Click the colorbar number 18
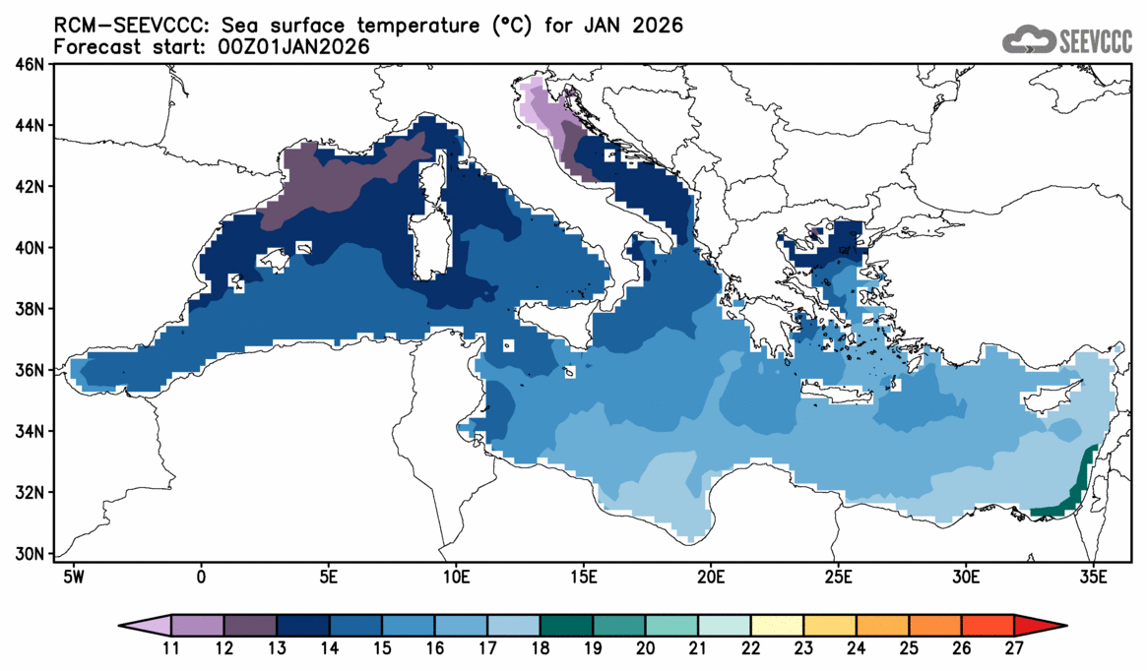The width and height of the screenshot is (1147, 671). [541, 649]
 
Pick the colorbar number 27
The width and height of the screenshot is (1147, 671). [1014, 649]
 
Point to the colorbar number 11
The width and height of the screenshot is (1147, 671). [171, 649]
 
